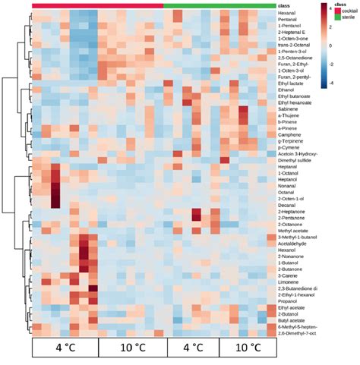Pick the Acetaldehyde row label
[x=294, y=243]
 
